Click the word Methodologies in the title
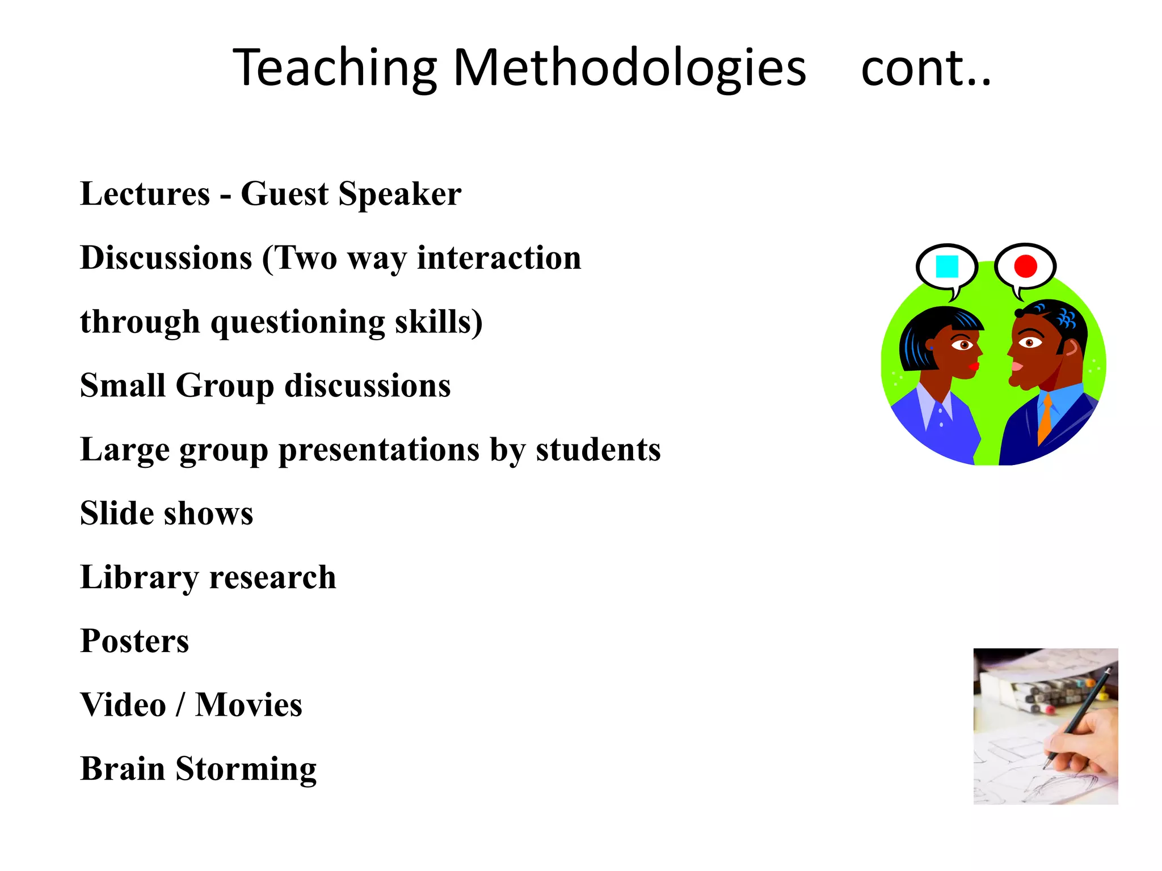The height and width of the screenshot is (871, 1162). point(629,68)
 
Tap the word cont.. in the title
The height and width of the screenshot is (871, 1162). point(926,68)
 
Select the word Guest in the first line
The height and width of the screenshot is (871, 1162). point(284,195)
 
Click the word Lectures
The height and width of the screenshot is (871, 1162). point(145,195)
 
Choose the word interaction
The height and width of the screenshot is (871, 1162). point(499,259)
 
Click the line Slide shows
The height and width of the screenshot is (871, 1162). point(167,514)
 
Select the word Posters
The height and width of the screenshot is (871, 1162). point(134,641)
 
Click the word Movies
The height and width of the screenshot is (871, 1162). point(249,705)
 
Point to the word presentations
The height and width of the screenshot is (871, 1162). point(379,450)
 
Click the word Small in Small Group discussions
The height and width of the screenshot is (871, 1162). point(123,386)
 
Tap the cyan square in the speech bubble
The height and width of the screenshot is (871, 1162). point(947,267)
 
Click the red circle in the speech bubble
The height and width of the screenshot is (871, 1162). point(1025,266)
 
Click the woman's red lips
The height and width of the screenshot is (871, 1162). point(974,366)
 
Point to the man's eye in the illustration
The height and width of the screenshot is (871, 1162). point(1029,343)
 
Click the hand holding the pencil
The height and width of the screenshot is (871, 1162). point(1081,743)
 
